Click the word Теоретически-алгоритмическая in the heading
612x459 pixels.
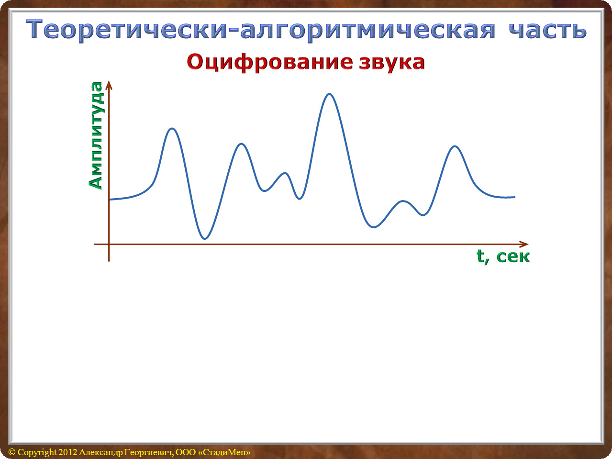[x=261, y=30]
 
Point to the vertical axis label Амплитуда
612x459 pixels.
[x=96, y=135]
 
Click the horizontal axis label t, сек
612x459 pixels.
[x=503, y=256]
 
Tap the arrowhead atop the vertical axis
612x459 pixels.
[x=109, y=85]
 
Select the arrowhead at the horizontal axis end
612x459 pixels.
[x=524, y=244]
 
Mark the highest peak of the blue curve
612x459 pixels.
[x=329, y=94]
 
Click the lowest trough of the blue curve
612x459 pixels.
[x=205, y=238]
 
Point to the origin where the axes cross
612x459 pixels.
[x=109, y=244]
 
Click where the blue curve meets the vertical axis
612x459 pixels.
[x=109, y=200]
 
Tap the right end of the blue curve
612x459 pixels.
[x=515, y=197]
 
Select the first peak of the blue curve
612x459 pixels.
[x=172, y=129]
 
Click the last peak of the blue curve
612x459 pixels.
[x=455, y=146]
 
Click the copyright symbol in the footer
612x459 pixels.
[x=12, y=452]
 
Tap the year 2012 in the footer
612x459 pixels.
[x=68, y=452]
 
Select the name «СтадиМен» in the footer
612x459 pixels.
[x=224, y=452]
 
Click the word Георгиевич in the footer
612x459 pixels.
[x=149, y=452]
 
